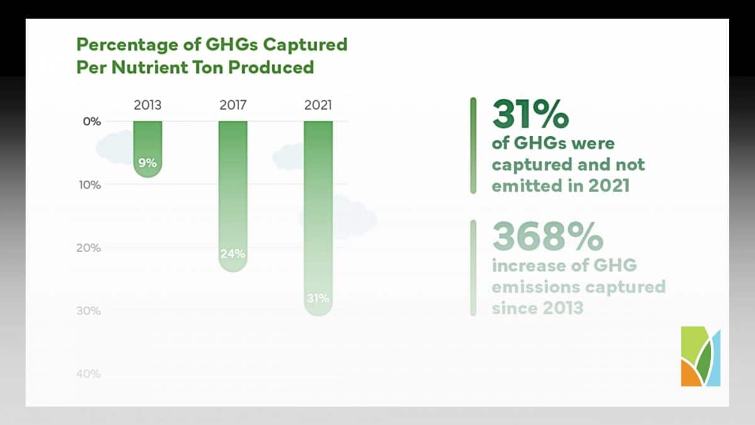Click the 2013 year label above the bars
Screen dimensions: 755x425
coord(148,105)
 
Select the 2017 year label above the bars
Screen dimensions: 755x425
coord(233,105)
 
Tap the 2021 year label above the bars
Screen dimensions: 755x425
coord(318,105)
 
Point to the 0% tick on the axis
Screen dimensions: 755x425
coord(92,122)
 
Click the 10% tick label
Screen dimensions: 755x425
coord(90,185)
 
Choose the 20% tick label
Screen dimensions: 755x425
coord(89,248)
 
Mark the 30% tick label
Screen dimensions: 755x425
coord(89,310)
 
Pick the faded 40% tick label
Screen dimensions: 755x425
coord(89,374)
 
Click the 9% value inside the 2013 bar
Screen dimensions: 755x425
coord(148,163)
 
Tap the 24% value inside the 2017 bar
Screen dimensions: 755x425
coord(233,254)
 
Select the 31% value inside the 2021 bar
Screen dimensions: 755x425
coord(318,298)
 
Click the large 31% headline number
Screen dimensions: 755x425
coord(530,114)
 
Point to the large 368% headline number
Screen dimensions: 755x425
coord(548,236)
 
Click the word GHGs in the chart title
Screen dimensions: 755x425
coord(232,45)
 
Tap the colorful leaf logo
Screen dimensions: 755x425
coord(701,356)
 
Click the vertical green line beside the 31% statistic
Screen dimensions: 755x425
coord(473,145)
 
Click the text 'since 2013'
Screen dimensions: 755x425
coord(537,308)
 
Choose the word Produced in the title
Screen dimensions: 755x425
coord(271,67)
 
